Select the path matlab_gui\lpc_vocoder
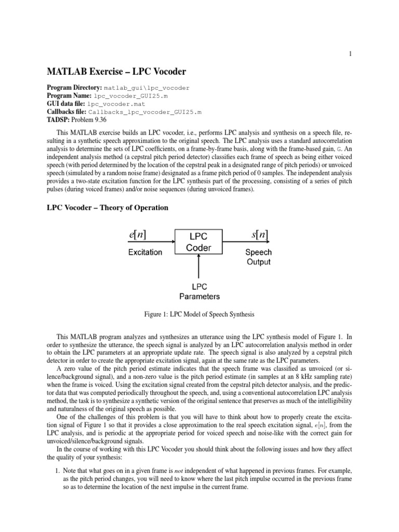tap(147, 89)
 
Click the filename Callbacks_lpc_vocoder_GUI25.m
tap(145, 112)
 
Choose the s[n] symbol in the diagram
tap(258, 234)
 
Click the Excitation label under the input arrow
tap(145, 252)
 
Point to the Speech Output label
tap(258, 257)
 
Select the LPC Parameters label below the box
tap(199, 292)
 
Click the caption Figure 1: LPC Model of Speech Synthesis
tap(199, 314)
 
